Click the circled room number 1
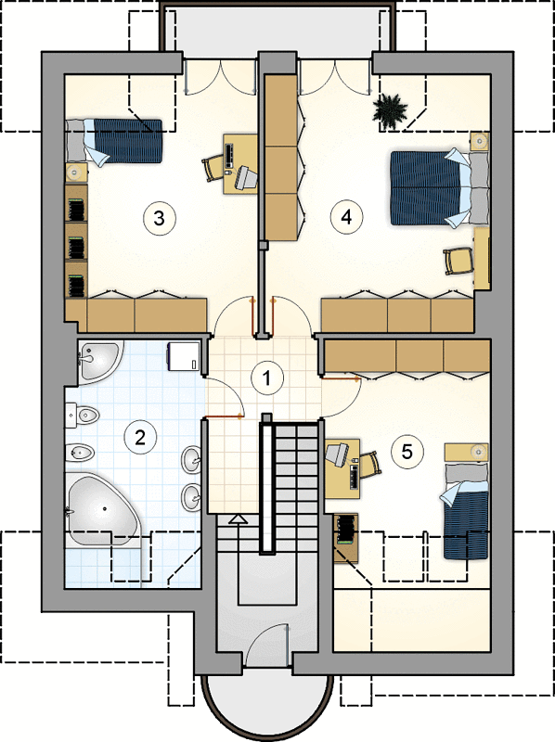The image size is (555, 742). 267,378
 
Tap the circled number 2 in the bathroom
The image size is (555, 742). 140,437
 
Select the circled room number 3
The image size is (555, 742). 160,218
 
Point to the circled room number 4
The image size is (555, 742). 346,217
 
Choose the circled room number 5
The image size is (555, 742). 407,452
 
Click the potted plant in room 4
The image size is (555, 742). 390,110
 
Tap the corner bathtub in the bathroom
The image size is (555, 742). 102,510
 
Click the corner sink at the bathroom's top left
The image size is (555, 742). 98,361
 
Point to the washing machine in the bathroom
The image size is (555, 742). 183,356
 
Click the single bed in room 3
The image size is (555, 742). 113,141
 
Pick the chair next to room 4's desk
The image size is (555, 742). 458,261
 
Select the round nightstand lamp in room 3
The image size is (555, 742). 74,173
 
